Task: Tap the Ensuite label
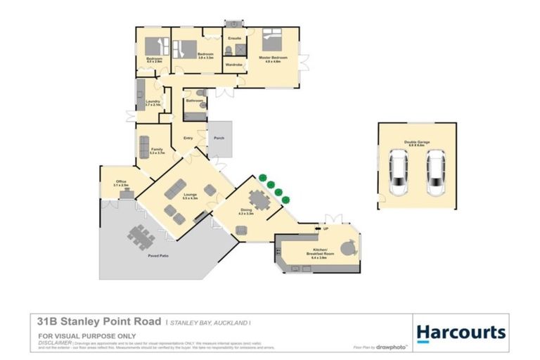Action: point(235,38)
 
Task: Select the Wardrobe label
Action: point(233,65)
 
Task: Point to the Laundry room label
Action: point(153,102)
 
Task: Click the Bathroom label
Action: point(195,101)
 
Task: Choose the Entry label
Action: point(188,138)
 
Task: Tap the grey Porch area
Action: point(219,139)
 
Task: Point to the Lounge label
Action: point(190,196)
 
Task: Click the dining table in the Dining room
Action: point(259,201)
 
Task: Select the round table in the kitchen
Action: point(347,247)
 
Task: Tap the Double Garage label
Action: point(417,143)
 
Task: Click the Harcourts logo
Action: point(461,332)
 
